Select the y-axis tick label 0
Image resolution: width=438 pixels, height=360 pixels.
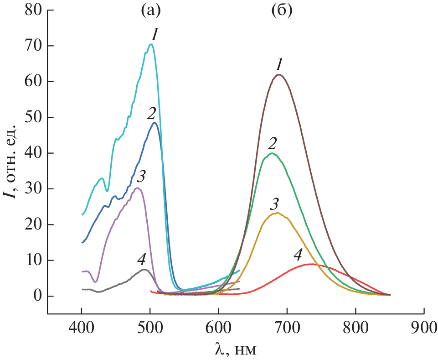coord(36,296)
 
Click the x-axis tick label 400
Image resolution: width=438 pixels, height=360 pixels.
coord(82,328)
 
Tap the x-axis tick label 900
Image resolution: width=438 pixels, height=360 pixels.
coord(424,328)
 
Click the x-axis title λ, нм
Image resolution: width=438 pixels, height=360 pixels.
coord(235,350)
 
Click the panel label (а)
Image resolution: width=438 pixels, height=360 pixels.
coord(149,10)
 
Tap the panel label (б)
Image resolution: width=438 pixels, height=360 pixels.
coord(281,10)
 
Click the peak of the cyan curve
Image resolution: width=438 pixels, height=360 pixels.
coord(151,44)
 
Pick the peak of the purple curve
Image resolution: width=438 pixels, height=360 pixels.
coord(137,188)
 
